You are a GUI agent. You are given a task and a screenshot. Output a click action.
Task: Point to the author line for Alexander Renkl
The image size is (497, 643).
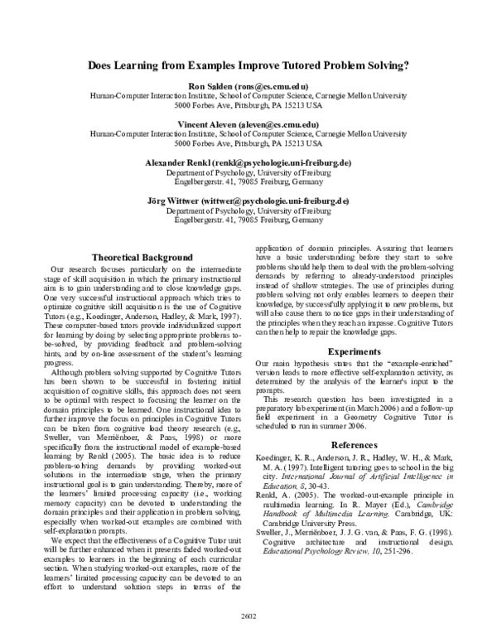pos(248,162)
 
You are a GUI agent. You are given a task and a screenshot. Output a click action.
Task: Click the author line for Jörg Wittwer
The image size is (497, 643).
pos(248,201)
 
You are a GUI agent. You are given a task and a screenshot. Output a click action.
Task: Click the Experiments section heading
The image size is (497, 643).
pos(354,351)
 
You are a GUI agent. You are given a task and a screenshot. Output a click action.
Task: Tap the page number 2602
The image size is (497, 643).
pos(248,616)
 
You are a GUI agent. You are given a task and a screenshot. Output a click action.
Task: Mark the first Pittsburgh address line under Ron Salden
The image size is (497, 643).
pos(248,106)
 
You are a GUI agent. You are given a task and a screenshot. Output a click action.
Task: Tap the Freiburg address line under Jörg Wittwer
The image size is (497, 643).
pos(248,221)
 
